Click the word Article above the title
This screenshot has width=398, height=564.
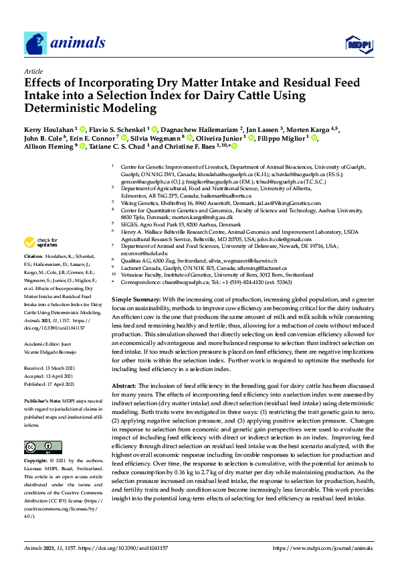pos(33,70)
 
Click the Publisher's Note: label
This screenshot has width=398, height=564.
pos(45,399)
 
